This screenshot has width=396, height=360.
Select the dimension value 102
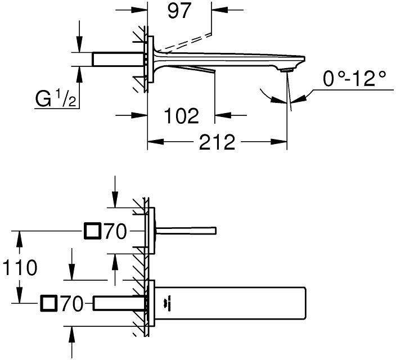coord(181,116)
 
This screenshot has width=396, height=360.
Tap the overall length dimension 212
coord(218,143)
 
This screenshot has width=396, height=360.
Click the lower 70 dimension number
coord(72,304)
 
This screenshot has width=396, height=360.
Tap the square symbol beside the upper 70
coord(92,231)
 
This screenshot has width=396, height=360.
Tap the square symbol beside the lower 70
coord(49,304)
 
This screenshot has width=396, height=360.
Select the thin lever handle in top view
coord(186,231)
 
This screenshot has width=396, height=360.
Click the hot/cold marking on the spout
coord(166,304)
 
